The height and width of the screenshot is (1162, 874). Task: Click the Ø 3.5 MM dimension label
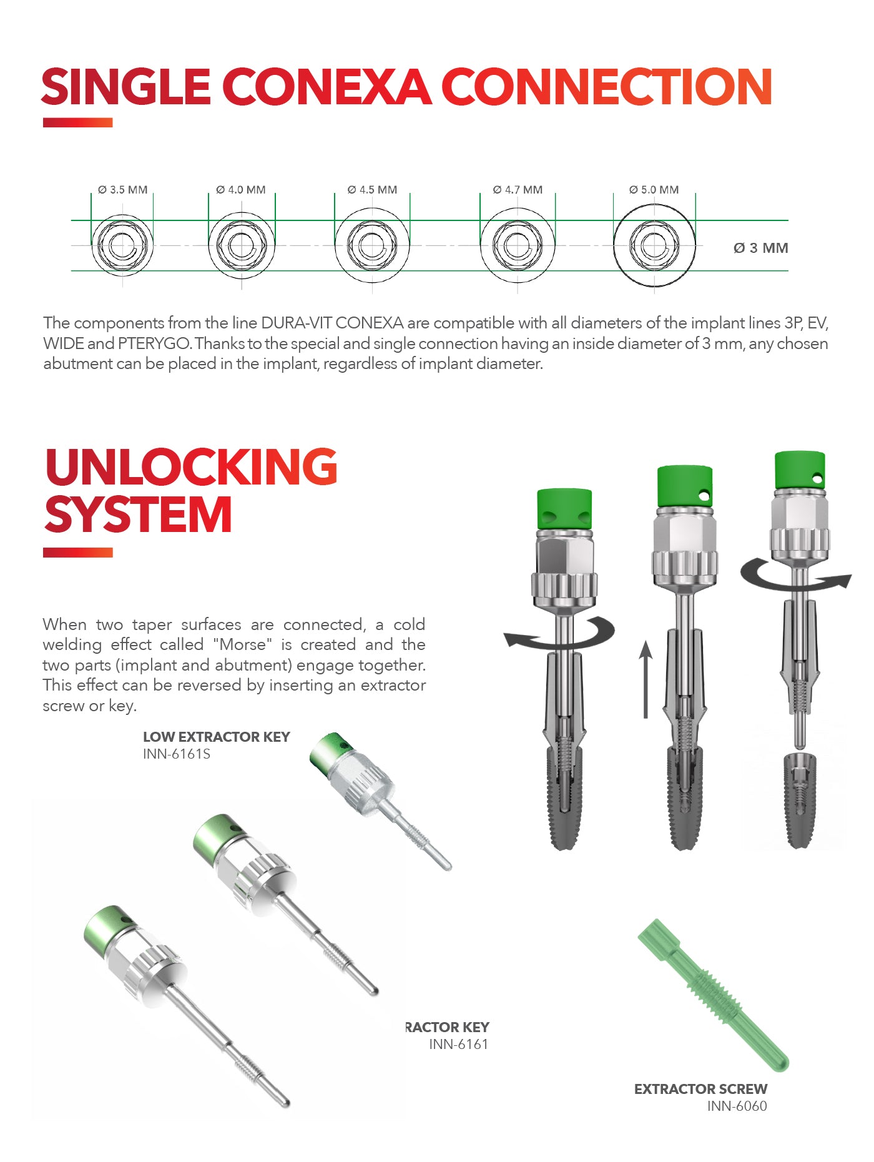coord(122,190)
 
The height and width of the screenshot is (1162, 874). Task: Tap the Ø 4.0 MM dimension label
coord(241,190)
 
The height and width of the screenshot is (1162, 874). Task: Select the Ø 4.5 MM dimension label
coord(372,190)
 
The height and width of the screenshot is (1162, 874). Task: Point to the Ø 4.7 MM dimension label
coord(518,190)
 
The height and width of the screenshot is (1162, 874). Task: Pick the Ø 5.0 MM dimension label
coord(654,190)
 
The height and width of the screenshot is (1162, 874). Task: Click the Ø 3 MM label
coord(760,248)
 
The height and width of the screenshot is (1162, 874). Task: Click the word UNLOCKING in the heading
coord(191,467)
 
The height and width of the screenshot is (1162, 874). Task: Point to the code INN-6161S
coord(177,754)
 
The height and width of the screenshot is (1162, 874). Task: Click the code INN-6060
coord(737,1106)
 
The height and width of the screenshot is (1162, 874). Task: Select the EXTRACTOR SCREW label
coord(700,1089)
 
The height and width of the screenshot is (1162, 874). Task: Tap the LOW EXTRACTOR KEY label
coord(217,737)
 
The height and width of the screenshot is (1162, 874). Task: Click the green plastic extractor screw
coord(712,994)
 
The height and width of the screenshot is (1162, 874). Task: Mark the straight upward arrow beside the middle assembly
coord(646,679)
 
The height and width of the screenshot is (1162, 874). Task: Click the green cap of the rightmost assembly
coord(800,470)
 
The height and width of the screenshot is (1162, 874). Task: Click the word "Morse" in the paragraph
coord(242,644)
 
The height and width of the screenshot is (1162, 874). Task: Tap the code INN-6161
coord(458,1045)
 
